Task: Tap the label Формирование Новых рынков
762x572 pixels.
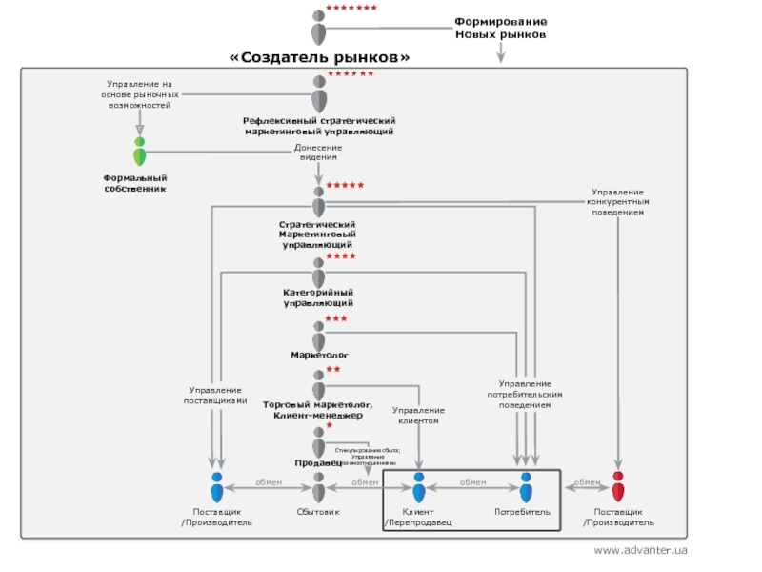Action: (500, 28)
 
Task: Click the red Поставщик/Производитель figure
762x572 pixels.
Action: (618, 486)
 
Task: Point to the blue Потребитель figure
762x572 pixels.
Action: (526, 486)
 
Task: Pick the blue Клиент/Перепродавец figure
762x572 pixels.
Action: (418, 486)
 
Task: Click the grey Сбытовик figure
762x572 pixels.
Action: (319, 486)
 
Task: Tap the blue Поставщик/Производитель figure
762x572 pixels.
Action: (217, 486)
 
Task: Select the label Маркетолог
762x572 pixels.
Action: (320, 354)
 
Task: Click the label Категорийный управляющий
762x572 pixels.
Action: (319, 296)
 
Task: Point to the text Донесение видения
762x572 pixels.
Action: (318, 152)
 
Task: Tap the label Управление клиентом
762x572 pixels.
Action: (418, 415)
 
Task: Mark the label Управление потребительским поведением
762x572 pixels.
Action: (525, 394)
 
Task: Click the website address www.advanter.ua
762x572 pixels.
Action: (640, 551)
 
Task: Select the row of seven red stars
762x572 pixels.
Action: (351, 8)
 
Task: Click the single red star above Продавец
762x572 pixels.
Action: (329, 425)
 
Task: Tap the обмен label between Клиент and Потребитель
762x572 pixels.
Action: (473, 482)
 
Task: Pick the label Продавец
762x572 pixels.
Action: (317, 462)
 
